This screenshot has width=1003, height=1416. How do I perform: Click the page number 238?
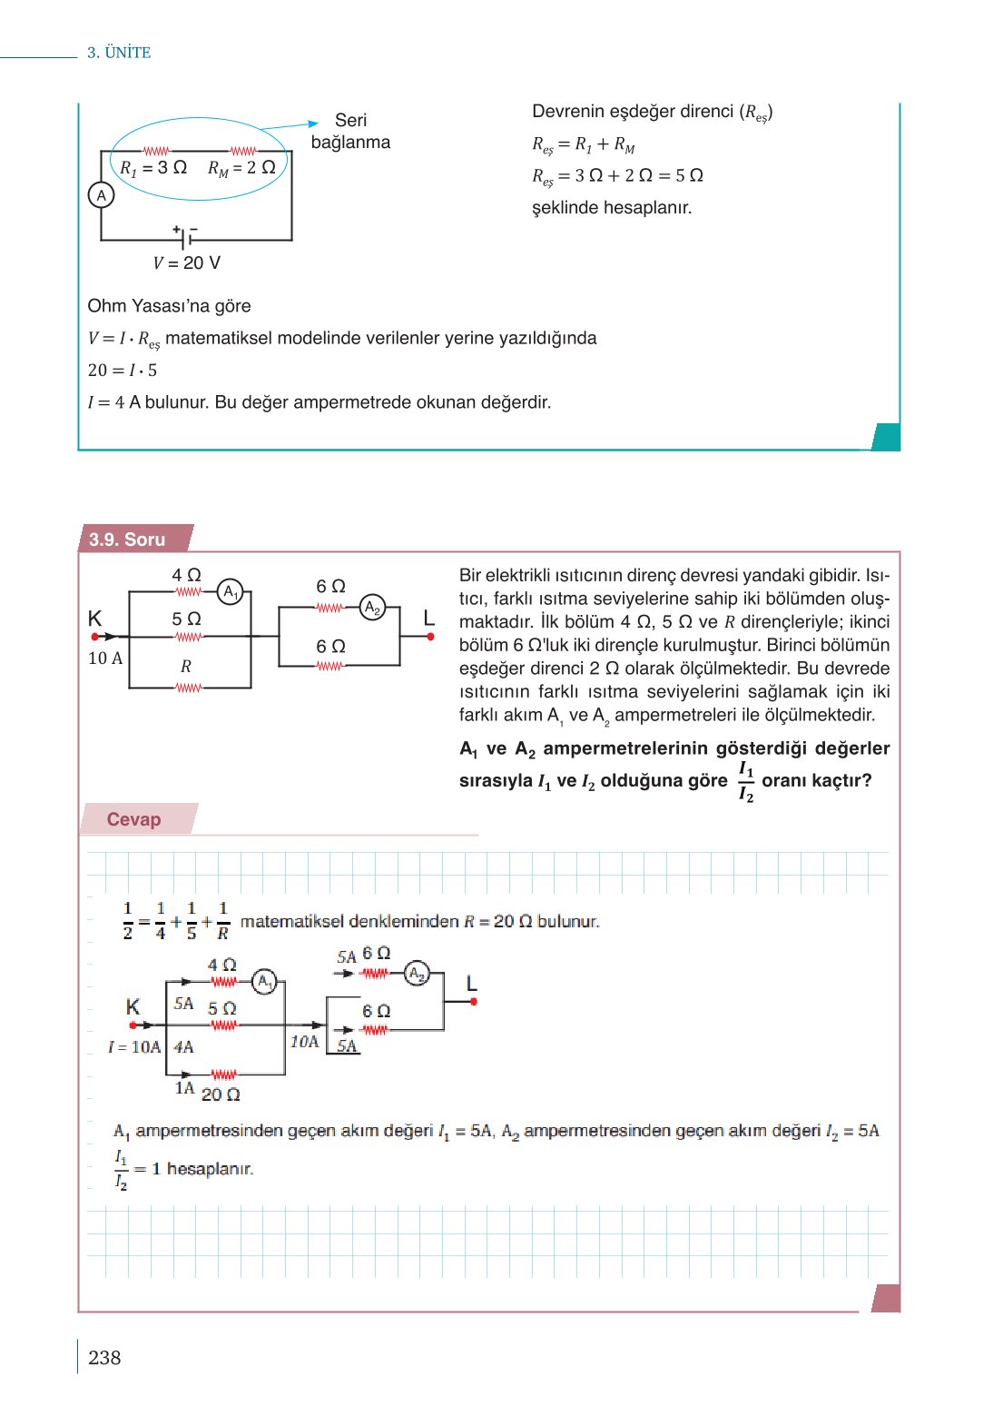click(x=104, y=1357)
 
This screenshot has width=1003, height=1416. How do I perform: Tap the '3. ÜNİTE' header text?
click(x=119, y=53)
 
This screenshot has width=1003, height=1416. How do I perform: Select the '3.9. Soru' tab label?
click(x=127, y=540)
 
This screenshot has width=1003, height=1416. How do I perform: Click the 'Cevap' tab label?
click(x=133, y=819)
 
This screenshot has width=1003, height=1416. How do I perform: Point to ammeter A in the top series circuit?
click(x=101, y=195)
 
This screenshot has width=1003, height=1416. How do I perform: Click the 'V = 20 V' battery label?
click(x=186, y=262)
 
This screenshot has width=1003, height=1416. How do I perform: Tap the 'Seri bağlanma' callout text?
click(x=350, y=132)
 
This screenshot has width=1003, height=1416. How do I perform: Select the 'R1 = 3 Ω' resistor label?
click(x=153, y=168)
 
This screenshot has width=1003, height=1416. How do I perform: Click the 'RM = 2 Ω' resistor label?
click(x=241, y=168)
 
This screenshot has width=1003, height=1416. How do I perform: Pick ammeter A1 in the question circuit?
click(x=231, y=592)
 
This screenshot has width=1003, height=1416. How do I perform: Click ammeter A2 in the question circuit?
click(x=372, y=608)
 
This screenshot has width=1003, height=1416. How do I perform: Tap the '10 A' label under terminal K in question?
click(x=105, y=658)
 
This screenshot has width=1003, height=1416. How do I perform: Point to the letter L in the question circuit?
click(x=429, y=619)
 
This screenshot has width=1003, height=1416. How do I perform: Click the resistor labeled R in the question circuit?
click(x=188, y=688)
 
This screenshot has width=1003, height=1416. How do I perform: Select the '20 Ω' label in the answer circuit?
click(x=221, y=1094)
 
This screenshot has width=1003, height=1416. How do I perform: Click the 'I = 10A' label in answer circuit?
click(x=133, y=1047)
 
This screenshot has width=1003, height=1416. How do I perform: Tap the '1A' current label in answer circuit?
click(x=184, y=1088)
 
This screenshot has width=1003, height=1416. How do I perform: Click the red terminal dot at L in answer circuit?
click(x=473, y=1002)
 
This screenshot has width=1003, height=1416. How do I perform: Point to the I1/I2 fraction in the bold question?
click(x=745, y=781)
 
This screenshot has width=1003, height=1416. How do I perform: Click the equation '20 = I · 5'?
click(x=123, y=371)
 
